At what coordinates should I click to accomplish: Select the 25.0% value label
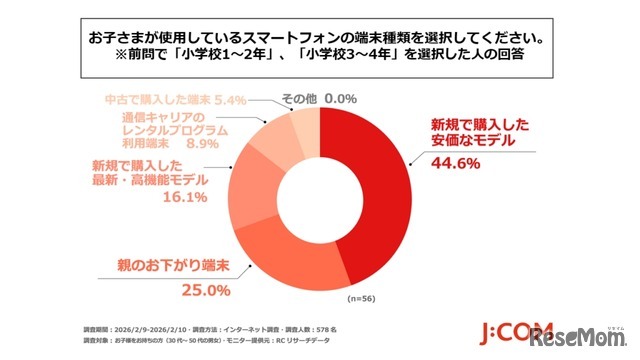click(x=207, y=290)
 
